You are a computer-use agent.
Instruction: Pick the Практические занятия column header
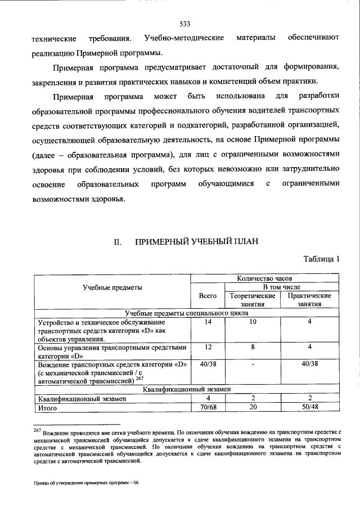[309, 300]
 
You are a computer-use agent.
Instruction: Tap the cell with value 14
[208, 322]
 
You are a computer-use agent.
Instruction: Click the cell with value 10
[253, 322]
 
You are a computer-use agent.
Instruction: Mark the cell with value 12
[208, 348]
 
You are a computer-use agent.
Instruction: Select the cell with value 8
[253, 348]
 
